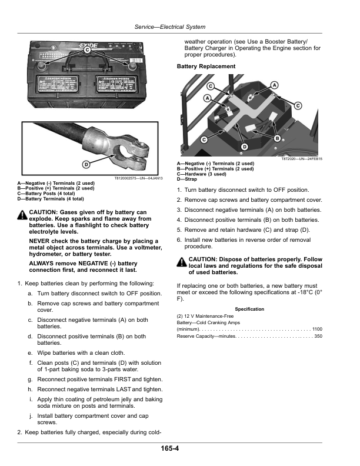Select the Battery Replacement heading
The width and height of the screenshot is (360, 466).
(206, 66)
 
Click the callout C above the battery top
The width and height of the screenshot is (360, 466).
(86, 51)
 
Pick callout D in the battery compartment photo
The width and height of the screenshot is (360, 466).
(244, 145)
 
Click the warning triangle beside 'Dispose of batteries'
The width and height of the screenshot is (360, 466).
(182, 262)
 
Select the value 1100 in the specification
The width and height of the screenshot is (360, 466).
(317, 329)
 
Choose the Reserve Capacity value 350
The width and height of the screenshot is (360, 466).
(318, 336)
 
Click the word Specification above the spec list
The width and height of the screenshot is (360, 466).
(249, 309)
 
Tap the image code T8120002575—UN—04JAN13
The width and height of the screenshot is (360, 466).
(137, 178)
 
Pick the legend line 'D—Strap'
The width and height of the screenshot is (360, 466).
(187, 179)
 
